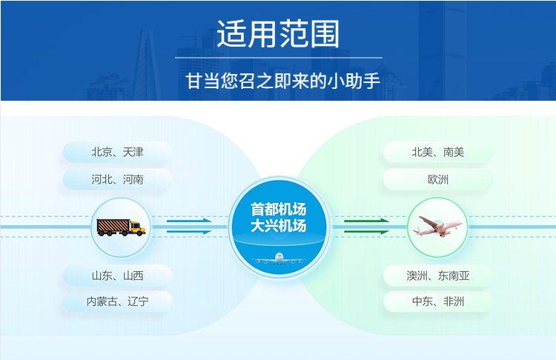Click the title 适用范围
pos(278,34)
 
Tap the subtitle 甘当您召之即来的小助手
pos(282,81)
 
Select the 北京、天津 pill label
pos(117,153)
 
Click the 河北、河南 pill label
pos(117,180)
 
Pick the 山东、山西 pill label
pos(117,276)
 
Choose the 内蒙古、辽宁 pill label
pos(117,301)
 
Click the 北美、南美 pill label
pos(438,153)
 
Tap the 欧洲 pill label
pos(438,180)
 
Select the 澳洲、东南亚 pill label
pos(438,276)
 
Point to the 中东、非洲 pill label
pos(438,301)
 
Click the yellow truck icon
pos(121,227)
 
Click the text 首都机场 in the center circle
pos(278,210)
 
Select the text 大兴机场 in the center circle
pos(278,226)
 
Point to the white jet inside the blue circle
pos(279,259)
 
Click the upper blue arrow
pos(189,221)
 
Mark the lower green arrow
pos(366,232)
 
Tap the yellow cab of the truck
pos(138,227)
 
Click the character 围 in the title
pos(325,34)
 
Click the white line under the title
pos(279,57)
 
